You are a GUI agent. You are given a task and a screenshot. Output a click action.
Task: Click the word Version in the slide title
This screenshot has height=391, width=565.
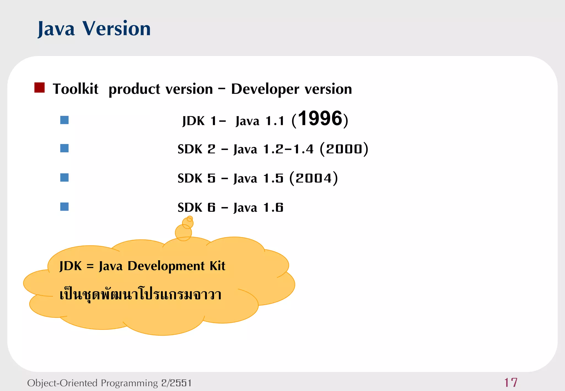(x=116, y=28)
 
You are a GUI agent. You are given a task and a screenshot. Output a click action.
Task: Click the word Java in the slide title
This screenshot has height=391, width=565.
(x=56, y=29)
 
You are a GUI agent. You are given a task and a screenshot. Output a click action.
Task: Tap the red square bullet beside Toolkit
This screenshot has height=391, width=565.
(x=39, y=88)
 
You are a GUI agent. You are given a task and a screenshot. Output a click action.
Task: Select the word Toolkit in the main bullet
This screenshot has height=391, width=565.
(x=75, y=89)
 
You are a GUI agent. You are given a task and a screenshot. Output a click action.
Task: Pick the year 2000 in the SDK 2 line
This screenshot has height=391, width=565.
(x=344, y=149)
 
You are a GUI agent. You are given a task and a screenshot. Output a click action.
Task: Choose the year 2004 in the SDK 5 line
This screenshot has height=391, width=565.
(x=314, y=178)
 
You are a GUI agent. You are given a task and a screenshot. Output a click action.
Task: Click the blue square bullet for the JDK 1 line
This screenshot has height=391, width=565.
(x=64, y=120)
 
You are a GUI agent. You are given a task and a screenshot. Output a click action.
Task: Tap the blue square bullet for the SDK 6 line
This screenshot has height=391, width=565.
(x=64, y=207)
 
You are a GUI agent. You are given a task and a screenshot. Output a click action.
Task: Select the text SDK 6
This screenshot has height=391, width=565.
(x=196, y=208)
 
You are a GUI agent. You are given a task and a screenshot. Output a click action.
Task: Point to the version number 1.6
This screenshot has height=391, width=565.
(x=273, y=208)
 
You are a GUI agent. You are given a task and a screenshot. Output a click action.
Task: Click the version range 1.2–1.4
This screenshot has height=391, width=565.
(x=288, y=149)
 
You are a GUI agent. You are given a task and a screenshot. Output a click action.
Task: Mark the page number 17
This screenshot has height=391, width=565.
(x=511, y=382)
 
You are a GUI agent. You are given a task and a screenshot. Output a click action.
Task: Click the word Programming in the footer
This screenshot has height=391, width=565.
(x=129, y=383)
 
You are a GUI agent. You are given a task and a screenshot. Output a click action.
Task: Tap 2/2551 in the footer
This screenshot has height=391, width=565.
(x=176, y=383)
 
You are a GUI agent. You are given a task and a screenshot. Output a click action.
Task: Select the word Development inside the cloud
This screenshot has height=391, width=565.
(x=166, y=266)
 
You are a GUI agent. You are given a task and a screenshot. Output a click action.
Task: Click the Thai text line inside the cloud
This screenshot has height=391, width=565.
(x=140, y=294)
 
